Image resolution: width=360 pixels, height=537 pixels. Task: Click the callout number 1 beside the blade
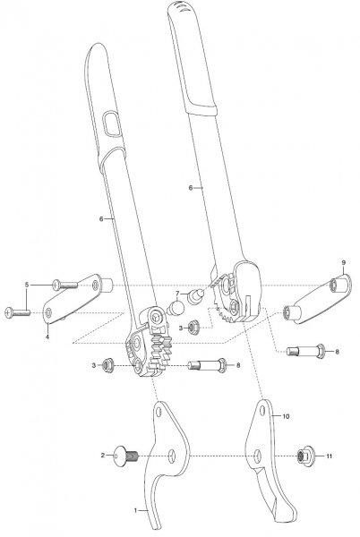[x=135, y=510]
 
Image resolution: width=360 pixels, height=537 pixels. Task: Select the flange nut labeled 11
[x=304, y=456]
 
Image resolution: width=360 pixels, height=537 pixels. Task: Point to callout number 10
[x=286, y=416]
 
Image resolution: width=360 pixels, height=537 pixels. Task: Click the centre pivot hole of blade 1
[x=172, y=456]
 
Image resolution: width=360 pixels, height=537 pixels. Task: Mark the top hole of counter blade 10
[x=262, y=411]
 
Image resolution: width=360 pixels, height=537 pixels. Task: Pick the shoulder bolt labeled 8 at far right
[x=305, y=352]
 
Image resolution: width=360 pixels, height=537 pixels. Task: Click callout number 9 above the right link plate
[x=343, y=262]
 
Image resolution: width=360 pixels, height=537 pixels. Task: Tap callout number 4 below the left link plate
[x=47, y=337]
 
